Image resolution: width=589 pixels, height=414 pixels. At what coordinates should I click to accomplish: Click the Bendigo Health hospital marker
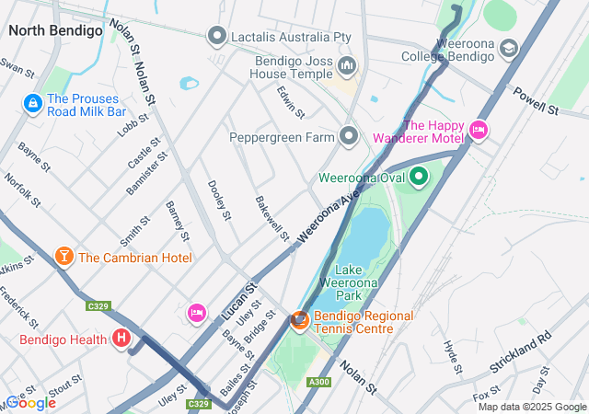pyautogui.click(x=121, y=339)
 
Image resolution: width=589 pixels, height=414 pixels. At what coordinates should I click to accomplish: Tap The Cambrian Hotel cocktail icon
pyautogui.click(x=64, y=257)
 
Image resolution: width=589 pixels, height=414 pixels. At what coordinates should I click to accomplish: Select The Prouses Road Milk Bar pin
pyautogui.click(x=33, y=103)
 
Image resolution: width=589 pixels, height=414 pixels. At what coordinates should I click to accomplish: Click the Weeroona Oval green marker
pyautogui.click(x=419, y=176)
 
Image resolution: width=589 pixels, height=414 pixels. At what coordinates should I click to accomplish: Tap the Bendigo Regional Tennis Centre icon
pyautogui.click(x=299, y=321)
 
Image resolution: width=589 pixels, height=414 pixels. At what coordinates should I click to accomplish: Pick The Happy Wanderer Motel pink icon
pyautogui.click(x=478, y=131)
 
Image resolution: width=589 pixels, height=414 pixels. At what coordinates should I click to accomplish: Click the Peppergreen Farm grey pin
pyautogui.click(x=349, y=136)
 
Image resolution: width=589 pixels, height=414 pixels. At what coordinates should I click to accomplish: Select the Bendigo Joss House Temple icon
pyautogui.click(x=347, y=65)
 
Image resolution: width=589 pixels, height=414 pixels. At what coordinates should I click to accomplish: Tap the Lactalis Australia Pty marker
pyautogui.click(x=217, y=36)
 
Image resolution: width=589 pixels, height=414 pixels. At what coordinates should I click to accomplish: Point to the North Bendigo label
pyautogui.click(x=55, y=30)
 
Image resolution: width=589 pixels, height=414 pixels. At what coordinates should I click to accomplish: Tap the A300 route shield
pyautogui.click(x=320, y=382)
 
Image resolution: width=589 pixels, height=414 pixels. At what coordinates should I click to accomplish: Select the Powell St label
pyautogui.click(x=537, y=101)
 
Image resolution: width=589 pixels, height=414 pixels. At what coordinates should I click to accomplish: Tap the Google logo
pyautogui.click(x=30, y=402)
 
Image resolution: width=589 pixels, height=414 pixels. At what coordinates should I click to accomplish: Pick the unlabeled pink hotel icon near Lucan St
pyautogui.click(x=197, y=313)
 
